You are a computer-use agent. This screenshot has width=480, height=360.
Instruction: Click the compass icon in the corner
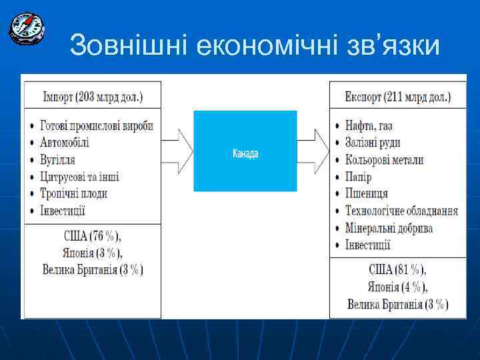coord(26,27)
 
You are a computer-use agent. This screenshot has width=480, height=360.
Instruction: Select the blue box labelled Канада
coord(245,151)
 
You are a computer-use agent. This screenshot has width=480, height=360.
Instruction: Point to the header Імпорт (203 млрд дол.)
coord(93,97)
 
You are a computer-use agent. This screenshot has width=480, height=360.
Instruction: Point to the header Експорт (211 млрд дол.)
coord(397,97)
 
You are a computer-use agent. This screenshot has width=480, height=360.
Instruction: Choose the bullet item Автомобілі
coord(64,143)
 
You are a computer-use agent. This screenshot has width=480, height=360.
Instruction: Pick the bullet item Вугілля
coord(57,160)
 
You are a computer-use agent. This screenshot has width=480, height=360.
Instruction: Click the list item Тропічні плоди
coord(73,193)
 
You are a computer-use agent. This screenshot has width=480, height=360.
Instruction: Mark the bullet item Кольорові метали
coord(384,160)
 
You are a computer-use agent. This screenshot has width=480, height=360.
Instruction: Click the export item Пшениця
coord(366,193)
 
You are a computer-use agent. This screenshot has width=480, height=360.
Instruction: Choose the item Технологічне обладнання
coord(401,211)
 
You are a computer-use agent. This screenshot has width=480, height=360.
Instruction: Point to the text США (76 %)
coord(92,236)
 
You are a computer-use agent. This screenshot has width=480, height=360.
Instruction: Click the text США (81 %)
coord(397,270)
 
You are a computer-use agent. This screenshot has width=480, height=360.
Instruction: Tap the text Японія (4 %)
coord(397,287)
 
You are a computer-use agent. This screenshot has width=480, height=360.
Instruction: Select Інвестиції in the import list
coord(63,211)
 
